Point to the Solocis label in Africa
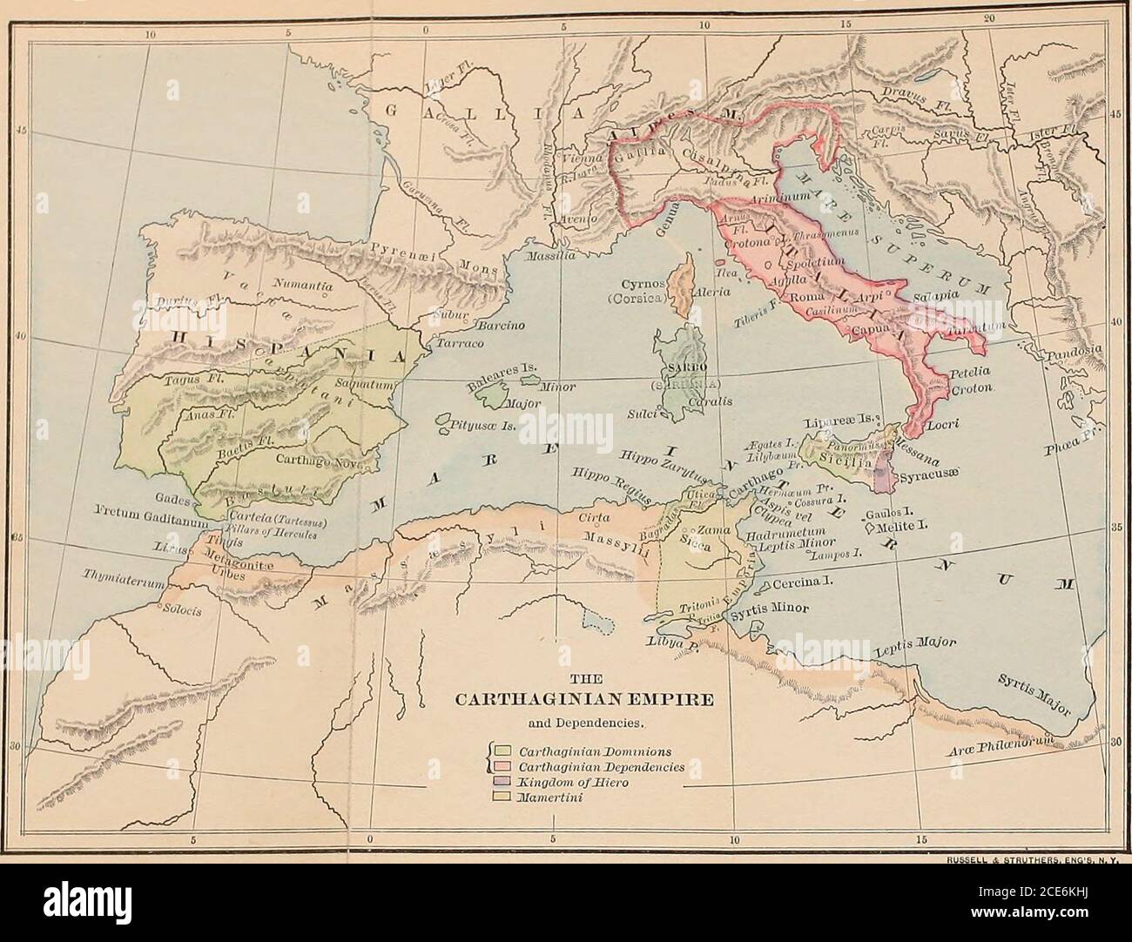point(181,610)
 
